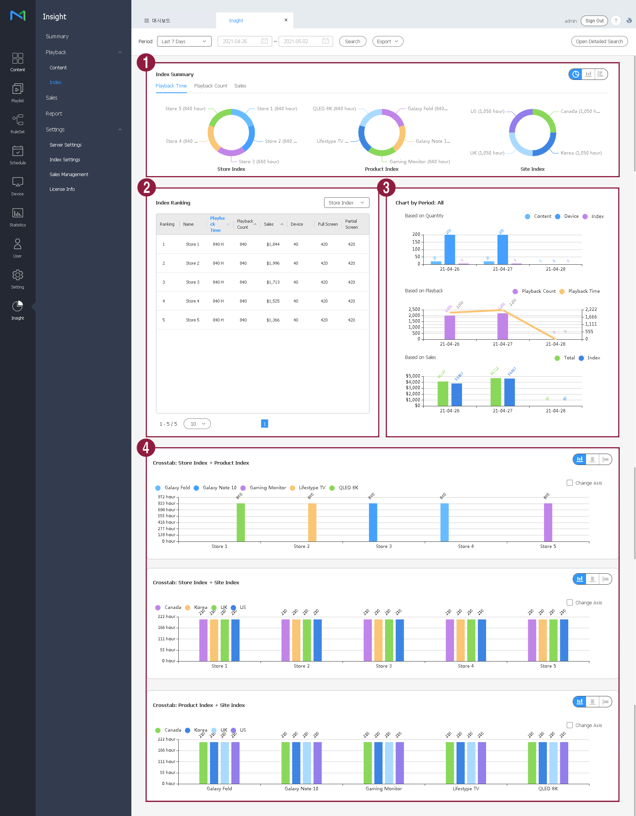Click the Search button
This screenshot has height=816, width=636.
[x=352, y=41]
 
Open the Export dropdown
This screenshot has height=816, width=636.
[x=388, y=41]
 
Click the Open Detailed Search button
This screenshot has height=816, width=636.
[x=599, y=41]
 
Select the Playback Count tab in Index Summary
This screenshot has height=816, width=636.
[x=210, y=86]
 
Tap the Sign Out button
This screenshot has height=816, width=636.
[x=594, y=21]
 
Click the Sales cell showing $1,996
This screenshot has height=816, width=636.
[x=273, y=263]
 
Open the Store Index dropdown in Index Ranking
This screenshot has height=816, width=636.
[x=346, y=203]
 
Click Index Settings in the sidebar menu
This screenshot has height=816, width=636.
[x=65, y=160]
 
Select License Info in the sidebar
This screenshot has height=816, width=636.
[x=62, y=189]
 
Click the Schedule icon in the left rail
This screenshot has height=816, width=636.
[x=17, y=155]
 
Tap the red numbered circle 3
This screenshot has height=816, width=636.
[x=386, y=187]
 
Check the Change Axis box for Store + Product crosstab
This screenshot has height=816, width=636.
[x=570, y=483]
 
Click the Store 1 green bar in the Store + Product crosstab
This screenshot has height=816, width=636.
[x=240, y=522]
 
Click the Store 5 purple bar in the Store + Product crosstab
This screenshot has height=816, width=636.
[x=548, y=522]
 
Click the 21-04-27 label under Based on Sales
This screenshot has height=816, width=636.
[x=502, y=411]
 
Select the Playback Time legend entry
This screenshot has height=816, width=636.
[x=584, y=291]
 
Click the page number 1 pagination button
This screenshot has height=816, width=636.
[x=265, y=424]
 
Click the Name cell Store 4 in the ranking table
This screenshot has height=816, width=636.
[x=192, y=301]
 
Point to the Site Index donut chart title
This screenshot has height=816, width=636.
[x=532, y=169]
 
